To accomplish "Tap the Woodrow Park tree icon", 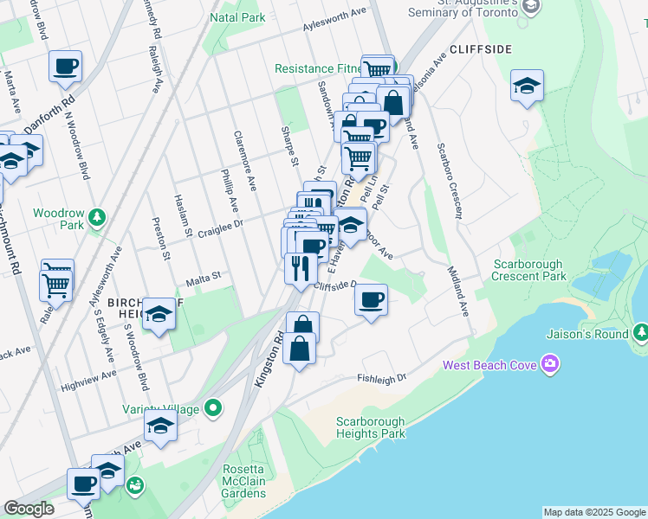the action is click(x=99, y=215).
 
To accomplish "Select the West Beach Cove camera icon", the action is click(x=548, y=364).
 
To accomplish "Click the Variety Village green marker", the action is click(x=214, y=408).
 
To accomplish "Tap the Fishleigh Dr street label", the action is click(x=381, y=379).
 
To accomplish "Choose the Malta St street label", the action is click(x=204, y=278).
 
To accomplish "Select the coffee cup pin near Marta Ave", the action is click(x=66, y=66).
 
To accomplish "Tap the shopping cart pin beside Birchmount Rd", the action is click(x=56, y=279).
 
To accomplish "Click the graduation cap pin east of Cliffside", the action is click(x=526, y=86).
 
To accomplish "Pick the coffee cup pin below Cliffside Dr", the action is click(x=371, y=299).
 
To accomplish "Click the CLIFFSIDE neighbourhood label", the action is click(x=480, y=49).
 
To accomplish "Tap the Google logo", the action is click(x=29, y=509).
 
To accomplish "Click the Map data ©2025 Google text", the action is click(x=593, y=512).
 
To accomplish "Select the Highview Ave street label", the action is click(x=95, y=375).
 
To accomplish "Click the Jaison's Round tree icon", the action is click(x=640, y=332).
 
